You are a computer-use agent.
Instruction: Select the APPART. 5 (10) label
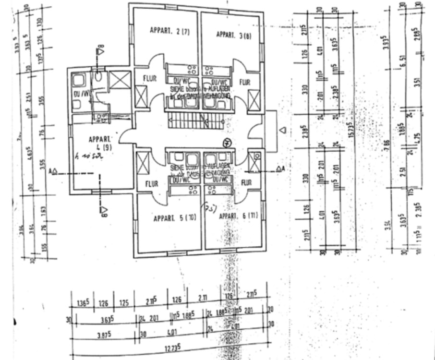pos(175,218)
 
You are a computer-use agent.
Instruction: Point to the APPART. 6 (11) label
pos(238,216)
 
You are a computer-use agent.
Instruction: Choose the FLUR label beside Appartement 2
pos(150,79)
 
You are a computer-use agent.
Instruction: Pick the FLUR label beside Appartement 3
pos(244,82)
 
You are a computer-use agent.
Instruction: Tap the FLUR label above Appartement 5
pos(152,184)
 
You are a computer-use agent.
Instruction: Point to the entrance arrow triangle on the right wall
pos(283,130)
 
